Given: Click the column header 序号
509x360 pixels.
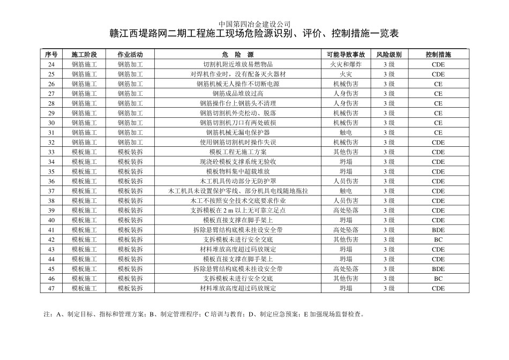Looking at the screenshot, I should coord(51,55).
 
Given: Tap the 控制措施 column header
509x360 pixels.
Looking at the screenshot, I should coord(438,55).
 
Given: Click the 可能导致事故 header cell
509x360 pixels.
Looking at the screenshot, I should coord(346,55).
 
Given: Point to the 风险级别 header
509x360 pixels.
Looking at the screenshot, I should coord(388,55).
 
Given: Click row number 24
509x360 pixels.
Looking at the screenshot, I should coord(51,64).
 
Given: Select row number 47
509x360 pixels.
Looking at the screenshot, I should coord(51,288).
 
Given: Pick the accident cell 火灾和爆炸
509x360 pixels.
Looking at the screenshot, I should coord(346,64).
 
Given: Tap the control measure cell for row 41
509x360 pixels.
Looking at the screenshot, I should coord(438,230).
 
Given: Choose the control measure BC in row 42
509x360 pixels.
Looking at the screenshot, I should coord(438,239).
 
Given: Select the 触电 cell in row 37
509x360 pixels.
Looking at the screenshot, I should coord(346,191).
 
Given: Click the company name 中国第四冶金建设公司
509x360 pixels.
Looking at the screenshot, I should coord(254,24).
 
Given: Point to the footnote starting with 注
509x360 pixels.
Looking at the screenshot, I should coord(204,314).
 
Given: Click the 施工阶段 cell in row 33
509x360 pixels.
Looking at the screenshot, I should coord(84,152).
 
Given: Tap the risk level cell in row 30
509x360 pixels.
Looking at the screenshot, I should coord(388,123).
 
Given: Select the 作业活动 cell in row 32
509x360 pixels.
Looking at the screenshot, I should coord(130,142).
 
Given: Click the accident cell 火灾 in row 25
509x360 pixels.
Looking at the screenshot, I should coord(346,74).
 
